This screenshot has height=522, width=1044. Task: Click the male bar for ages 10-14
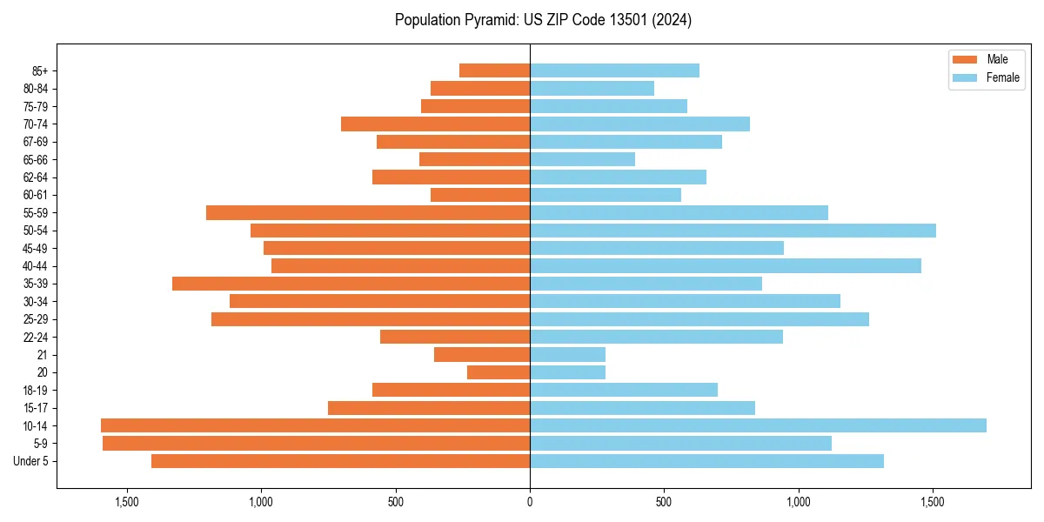[315, 425]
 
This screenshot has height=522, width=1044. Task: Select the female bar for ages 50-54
[733, 231]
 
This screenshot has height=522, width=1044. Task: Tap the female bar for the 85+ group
[614, 70]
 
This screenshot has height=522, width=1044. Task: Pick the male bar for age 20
[499, 372]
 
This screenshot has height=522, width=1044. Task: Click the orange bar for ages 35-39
[351, 284]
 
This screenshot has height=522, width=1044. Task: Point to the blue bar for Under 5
[706, 461]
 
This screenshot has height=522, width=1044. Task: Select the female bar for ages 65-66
[582, 159]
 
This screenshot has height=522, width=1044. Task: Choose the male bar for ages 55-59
[368, 212]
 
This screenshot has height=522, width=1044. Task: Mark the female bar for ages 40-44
[726, 266]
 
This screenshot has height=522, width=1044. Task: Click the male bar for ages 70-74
[435, 124]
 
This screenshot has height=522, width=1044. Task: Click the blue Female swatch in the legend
[966, 77]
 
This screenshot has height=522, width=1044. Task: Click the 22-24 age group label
[35, 338]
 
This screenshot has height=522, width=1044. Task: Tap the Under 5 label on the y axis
[31, 461]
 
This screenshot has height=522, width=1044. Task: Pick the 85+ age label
[40, 70]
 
